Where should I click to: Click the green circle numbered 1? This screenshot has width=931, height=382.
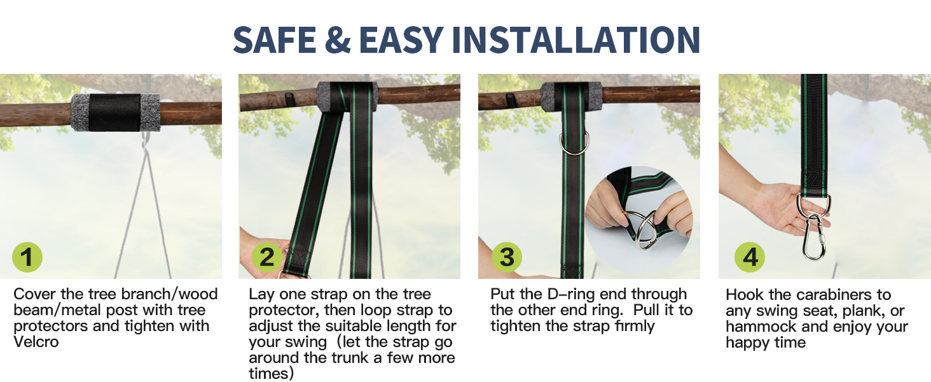point(27,258)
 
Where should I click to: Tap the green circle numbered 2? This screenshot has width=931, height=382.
point(267,258)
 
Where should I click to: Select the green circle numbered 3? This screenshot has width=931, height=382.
point(507,258)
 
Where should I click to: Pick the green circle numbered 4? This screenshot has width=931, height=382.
point(750,258)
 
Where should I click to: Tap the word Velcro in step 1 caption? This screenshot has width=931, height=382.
point(37,342)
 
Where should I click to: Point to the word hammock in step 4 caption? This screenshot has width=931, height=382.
point(756,327)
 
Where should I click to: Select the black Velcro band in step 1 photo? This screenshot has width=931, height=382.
point(114,112)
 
